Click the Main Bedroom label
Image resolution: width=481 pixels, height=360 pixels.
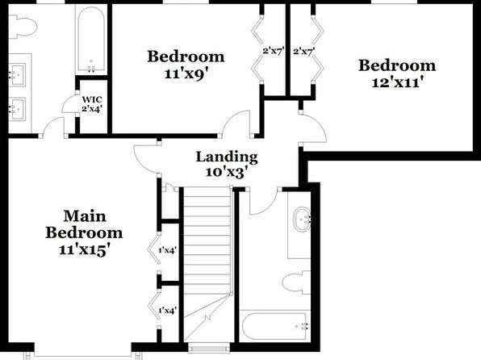84,224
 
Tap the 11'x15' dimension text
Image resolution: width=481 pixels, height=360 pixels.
84,249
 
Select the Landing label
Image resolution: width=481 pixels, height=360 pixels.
227,157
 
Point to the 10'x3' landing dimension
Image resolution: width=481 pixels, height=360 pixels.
227,172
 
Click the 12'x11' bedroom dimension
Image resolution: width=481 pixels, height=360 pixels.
397,82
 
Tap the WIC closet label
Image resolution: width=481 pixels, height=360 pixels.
92,100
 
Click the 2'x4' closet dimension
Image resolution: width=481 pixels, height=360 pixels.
92,108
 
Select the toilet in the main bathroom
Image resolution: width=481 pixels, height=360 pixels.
23,27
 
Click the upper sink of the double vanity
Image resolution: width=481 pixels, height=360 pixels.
17,75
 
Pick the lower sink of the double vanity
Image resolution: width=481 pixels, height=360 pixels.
17,109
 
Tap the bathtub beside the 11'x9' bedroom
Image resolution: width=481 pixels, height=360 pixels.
91,40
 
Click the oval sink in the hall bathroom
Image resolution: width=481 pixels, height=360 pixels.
302,219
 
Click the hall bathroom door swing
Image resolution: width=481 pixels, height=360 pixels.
264,203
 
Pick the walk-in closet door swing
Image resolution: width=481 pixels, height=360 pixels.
69,103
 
